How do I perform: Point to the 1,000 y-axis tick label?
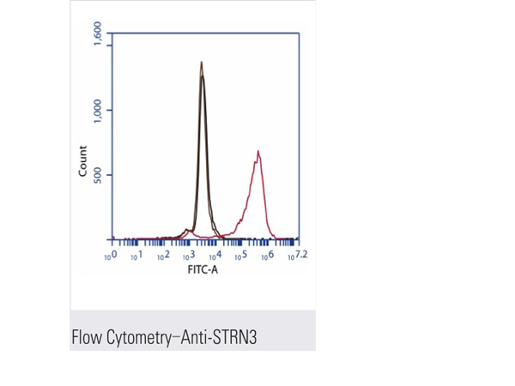click(x=98, y=110)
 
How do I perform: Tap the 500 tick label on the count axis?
click(x=98, y=176)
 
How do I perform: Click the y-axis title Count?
click(x=83, y=161)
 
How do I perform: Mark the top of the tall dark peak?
click(x=201, y=63)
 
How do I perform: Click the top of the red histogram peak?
click(x=257, y=152)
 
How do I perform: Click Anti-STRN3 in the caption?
click(x=222, y=337)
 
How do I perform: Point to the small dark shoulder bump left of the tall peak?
click(x=186, y=230)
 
